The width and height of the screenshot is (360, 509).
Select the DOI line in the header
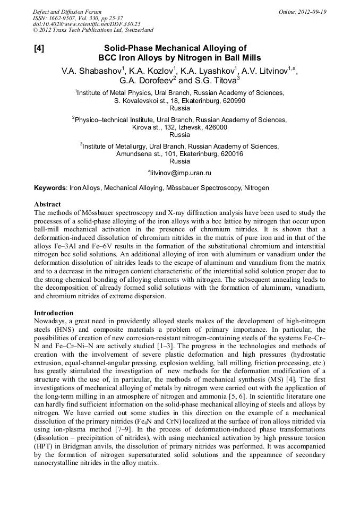[x=87, y=24]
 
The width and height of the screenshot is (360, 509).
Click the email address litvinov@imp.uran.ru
[x=181, y=172]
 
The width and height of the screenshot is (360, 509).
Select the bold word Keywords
[x=50, y=188]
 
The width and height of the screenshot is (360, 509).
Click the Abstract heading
[x=47, y=204]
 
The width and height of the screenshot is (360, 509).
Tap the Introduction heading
[x=54, y=313]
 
